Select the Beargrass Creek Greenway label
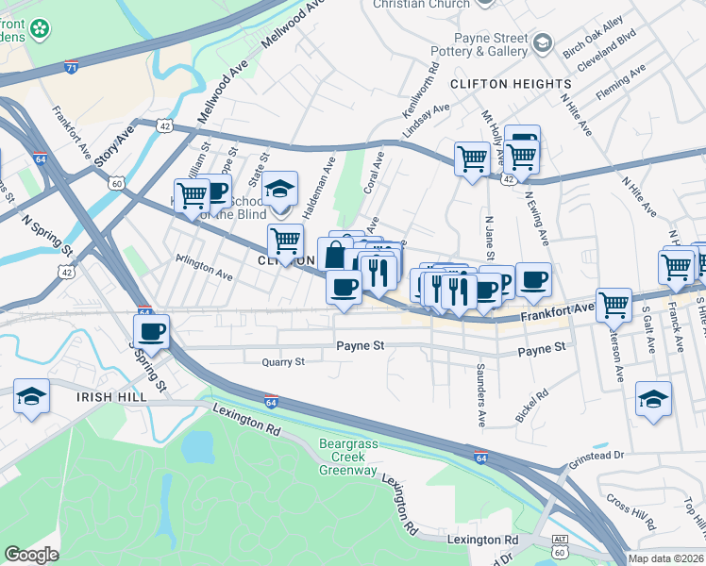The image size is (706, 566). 347,462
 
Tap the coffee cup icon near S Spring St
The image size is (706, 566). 151,332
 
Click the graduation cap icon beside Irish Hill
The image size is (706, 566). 31,396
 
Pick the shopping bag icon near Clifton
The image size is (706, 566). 335,255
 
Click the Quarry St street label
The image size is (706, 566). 283,361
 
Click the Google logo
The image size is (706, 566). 31,555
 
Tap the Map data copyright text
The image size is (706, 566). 666,558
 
